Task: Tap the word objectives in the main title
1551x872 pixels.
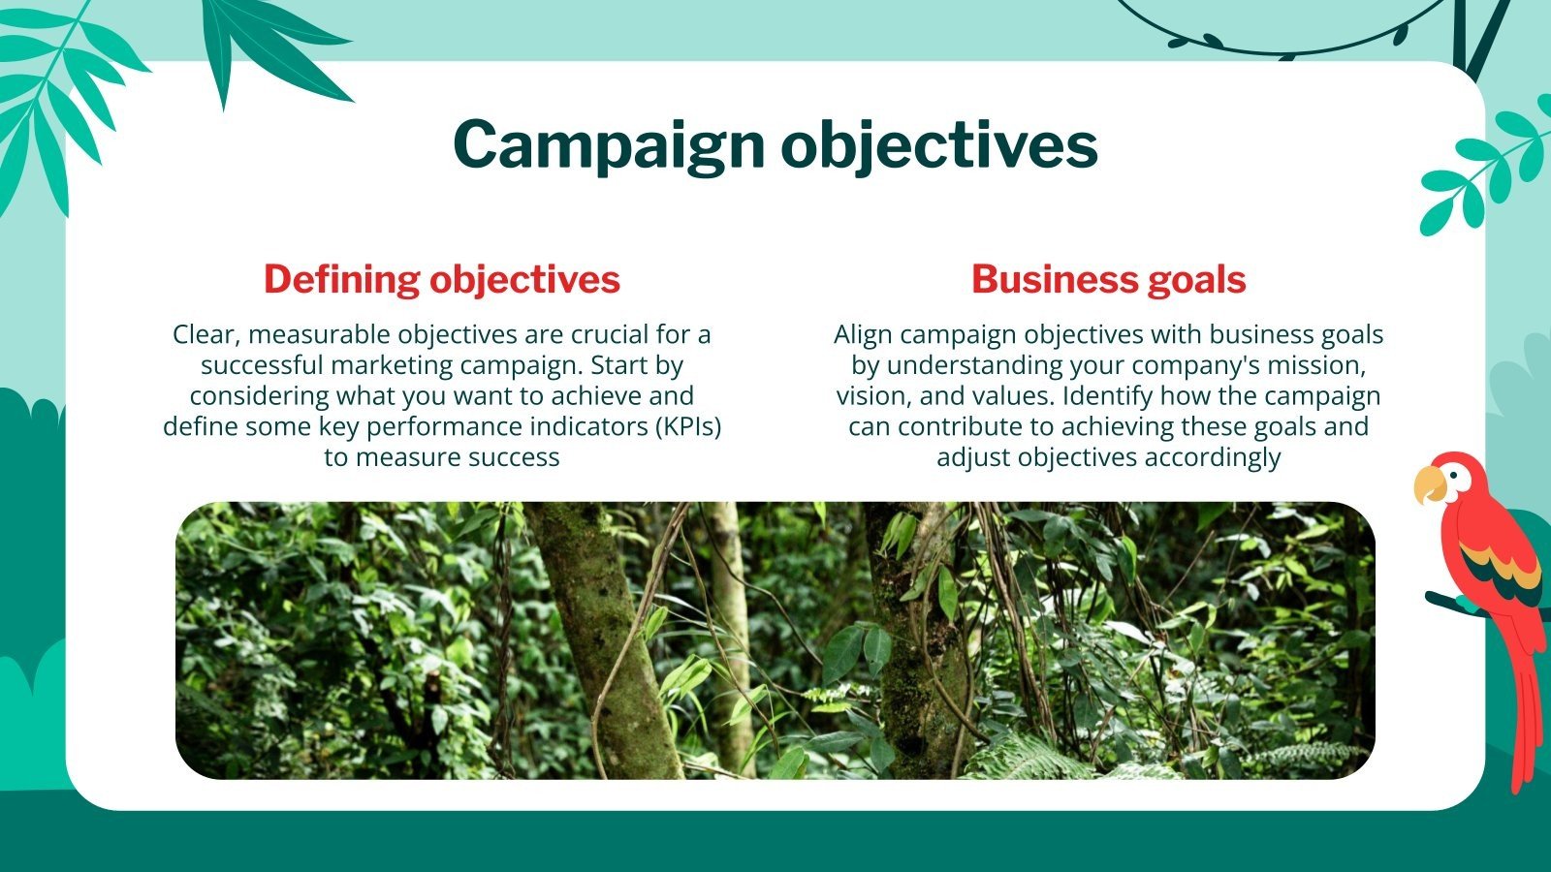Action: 938,145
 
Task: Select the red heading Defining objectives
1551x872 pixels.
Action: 441,279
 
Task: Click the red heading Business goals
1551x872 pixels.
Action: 1108,279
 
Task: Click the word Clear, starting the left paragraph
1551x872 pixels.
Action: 206,334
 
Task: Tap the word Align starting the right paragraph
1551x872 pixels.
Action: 863,334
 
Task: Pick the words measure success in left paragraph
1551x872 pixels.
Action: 458,457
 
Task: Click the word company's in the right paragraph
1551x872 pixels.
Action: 1210,365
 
